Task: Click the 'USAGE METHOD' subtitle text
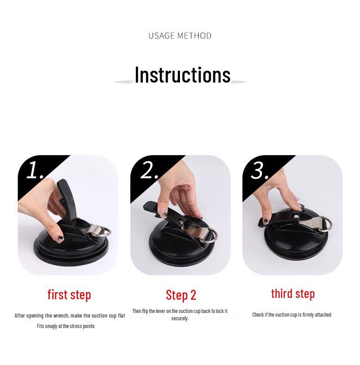coord(180,36)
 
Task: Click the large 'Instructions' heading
coord(182,75)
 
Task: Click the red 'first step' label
coord(69,294)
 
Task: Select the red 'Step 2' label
coord(181,295)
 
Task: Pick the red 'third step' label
coord(293,293)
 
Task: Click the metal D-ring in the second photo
coord(211,235)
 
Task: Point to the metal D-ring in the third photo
coord(325,224)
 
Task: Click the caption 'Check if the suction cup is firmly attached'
coord(292,315)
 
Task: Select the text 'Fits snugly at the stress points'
coord(66,326)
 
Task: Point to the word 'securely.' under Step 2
coord(180,318)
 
